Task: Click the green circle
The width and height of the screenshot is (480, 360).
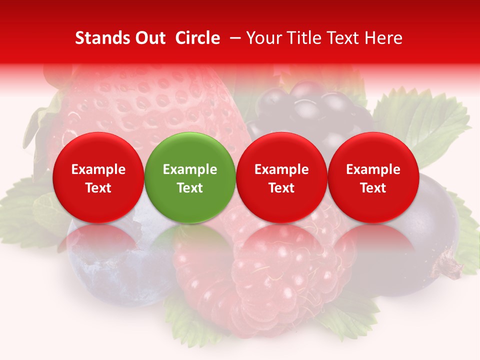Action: [190, 177]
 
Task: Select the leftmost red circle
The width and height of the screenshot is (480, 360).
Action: [98, 177]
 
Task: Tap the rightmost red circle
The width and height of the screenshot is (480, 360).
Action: [373, 177]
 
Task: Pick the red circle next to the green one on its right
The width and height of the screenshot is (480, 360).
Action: [281, 177]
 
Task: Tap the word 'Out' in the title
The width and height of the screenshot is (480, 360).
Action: [150, 38]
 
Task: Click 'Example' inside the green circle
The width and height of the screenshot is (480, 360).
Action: [190, 169]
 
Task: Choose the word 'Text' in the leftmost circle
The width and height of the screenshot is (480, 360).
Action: [98, 188]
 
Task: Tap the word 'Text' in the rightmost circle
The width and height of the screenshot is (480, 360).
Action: [373, 188]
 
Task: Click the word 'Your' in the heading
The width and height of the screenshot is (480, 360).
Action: [264, 38]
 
